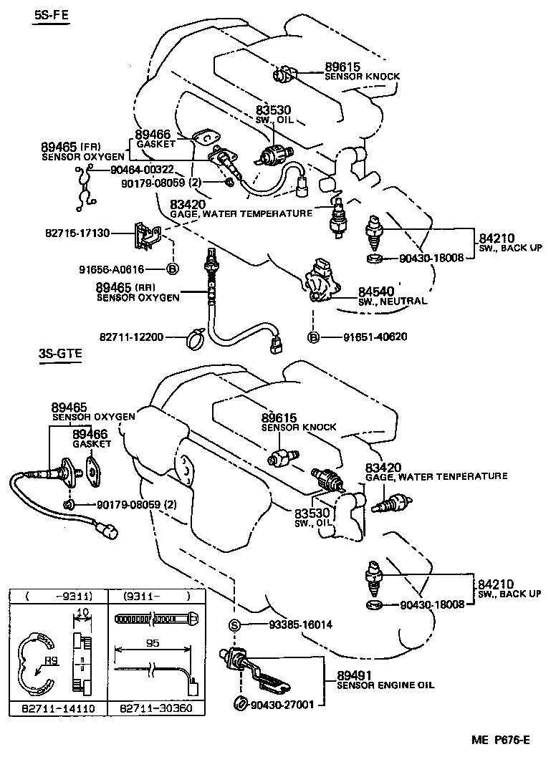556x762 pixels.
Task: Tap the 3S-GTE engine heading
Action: tap(60, 353)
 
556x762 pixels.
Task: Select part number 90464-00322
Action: tap(142, 170)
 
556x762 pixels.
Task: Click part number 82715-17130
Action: tap(78, 233)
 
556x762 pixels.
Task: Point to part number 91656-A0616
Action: tap(112, 269)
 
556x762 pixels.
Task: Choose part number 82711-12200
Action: tap(132, 337)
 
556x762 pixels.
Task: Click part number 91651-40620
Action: tap(375, 337)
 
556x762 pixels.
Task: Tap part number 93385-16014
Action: tap(301, 624)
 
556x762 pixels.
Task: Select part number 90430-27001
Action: tap(282, 704)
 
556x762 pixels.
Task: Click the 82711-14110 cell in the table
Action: tap(58, 708)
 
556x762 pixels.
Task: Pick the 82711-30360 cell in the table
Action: tap(156, 708)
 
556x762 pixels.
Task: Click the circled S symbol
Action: tap(235, 625)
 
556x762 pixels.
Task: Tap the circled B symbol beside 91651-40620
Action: tap(314, 337)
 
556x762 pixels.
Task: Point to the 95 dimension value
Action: tap(153, 643)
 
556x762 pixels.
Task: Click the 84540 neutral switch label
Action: tap(376, 291)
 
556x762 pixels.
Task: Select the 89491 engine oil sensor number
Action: tap(354, 675)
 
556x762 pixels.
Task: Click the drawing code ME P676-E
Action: tap(501, 740)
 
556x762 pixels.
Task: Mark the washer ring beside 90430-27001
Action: tap(240, 704)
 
